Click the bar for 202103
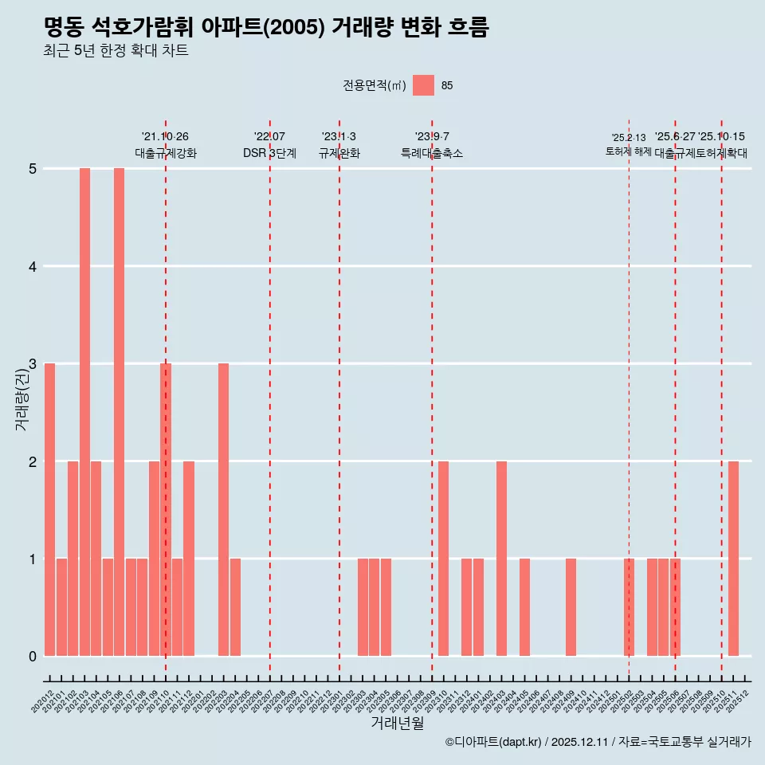point(84,412)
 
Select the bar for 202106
point(119,412)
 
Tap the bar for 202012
point(49,510)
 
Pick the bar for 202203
point(223,510)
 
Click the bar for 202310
point(443,559)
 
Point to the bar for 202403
point(501,559)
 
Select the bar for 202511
point(733,559)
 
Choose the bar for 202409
point(571,607)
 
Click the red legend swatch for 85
point(423,85)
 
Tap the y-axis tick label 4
point(33,266)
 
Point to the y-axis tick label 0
point(33,657)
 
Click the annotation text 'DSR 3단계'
point(269,153)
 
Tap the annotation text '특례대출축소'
point(431,153)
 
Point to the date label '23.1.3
point(339,137)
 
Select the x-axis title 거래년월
point(397,724)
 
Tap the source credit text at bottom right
point(598,743)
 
